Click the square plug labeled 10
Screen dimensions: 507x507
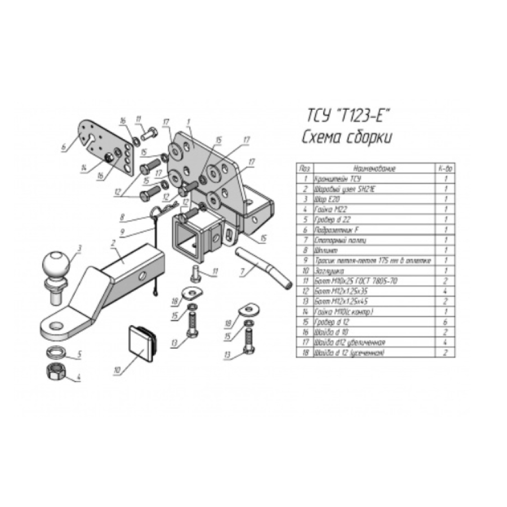141,342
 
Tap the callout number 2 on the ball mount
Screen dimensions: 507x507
113,243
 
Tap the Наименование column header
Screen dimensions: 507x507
374,168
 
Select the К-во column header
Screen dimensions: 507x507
444,168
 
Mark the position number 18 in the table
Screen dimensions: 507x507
305,352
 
